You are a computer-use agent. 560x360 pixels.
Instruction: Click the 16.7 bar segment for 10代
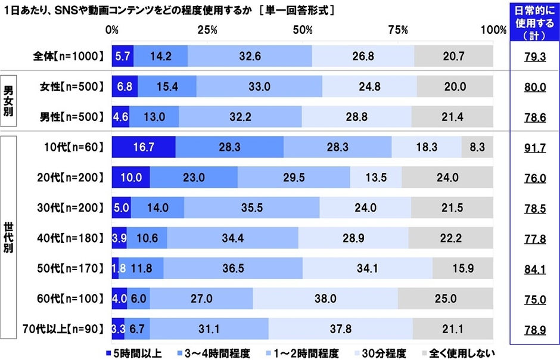pyautogui.click(x=144, y=147)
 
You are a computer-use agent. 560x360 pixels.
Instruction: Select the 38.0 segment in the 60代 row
pyautogui.click(x=325, y=297)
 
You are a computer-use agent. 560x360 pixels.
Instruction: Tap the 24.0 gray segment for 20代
pyautogui.click(x=447, y=178)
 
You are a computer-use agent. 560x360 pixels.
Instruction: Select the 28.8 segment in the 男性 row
pyautogui.click(x=356, y=117)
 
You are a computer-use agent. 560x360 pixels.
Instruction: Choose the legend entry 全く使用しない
pyautogui.click(x=453, y=352)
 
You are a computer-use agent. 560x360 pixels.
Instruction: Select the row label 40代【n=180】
pyautogui.click(x=70, y=237)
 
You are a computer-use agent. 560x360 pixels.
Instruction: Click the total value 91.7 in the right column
pyautogui.click(x=534, y=147)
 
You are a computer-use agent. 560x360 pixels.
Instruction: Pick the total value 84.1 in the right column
pyautogui.click(x=534, y=267)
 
